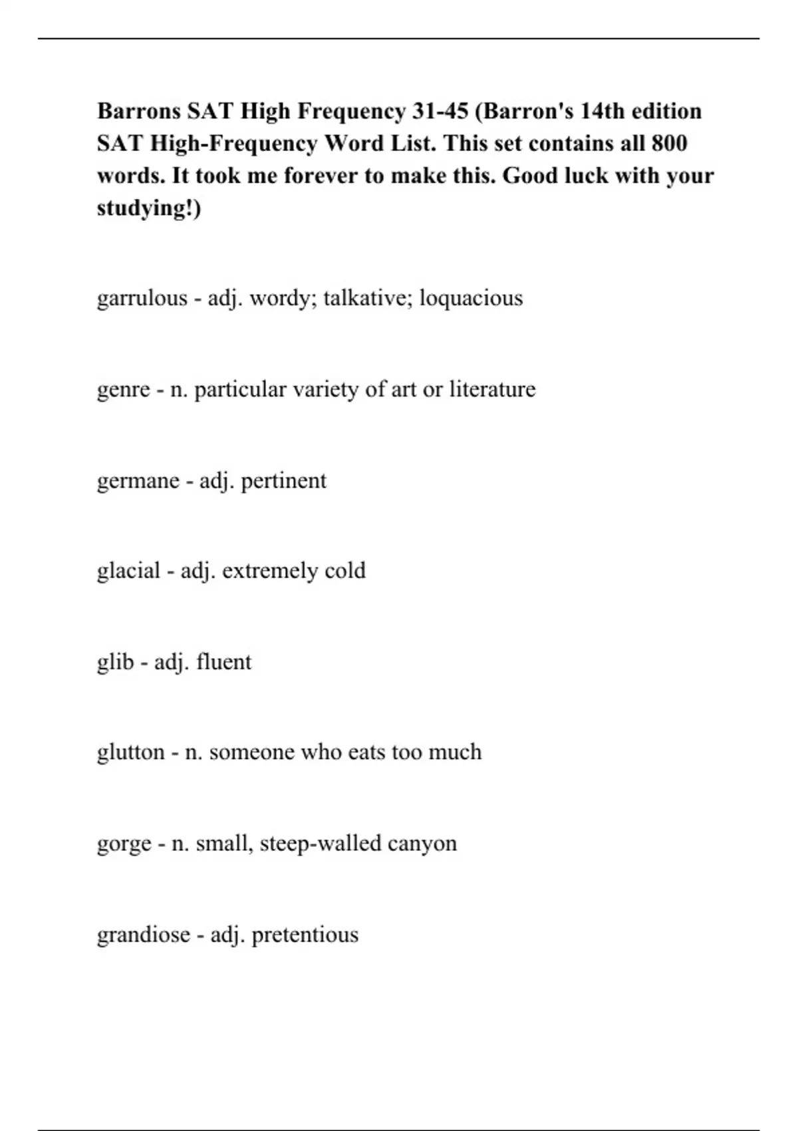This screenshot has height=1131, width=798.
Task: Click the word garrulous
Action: click(142, 298)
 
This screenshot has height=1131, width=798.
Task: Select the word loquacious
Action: click(471, 298)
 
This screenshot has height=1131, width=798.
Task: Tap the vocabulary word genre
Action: click(124, 389)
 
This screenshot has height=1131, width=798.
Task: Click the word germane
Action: click(138, 480)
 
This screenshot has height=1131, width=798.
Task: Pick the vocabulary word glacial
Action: click(129, 571)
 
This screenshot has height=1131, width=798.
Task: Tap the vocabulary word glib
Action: click(116, 662)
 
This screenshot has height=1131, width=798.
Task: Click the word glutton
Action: click(131, 752)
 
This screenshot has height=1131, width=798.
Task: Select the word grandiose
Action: click(144, 935)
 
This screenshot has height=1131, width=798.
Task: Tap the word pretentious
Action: click(305, 935)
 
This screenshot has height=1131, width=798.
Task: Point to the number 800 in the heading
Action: click(669, 144)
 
